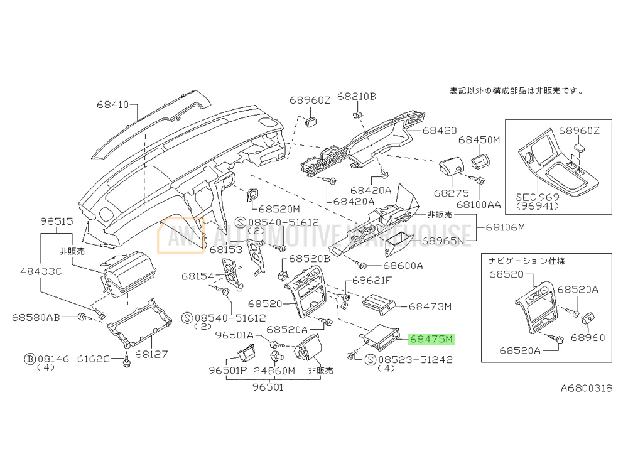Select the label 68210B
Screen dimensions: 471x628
pyautogui.click(x=356, y=96)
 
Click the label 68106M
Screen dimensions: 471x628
pyautogui.click(x=504, y=227)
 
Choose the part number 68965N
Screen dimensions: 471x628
pyautogui.click(x=447, y=240)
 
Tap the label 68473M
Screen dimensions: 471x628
pyautogui.click(x=430, y=306)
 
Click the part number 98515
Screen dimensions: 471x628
pyautogui.click(x=58, y=222)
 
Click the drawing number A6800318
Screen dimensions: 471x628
pyautogui.click(x=586, y=388)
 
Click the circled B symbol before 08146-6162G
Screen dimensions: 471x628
pyautogui.click(x=29, y=359)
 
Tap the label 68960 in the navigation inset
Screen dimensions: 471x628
pyautogui.click(x=587, y=337)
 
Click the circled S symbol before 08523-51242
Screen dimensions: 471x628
pyautogui.click(x=369, y=360)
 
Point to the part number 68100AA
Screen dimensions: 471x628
pyautogui.click(x=479, y=204)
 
